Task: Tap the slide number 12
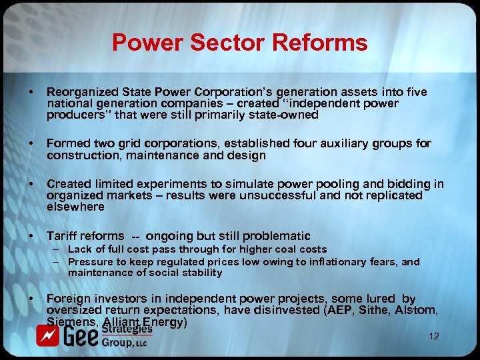pos(434,337)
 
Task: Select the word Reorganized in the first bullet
pos(79,92)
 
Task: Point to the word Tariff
pos(61,236)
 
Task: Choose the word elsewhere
pos(75,207)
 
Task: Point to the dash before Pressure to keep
pos(59,262)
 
